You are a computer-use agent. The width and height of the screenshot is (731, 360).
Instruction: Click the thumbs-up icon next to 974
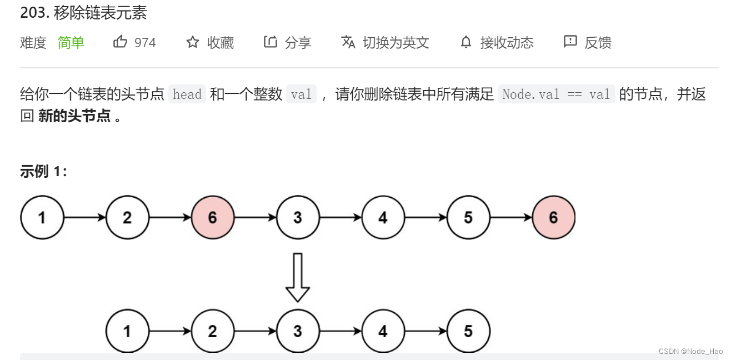point(120,42)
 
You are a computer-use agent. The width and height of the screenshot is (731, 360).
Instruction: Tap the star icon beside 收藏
point(193,42)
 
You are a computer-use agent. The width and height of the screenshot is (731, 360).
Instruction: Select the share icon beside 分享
point(271,42)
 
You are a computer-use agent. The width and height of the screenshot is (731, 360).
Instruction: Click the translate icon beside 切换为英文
point(348,42)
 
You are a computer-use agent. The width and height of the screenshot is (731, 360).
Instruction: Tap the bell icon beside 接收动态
point(466,42)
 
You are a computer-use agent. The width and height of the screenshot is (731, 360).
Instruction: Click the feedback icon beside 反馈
point(570,42)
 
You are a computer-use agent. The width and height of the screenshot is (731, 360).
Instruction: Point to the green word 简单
point(71,43)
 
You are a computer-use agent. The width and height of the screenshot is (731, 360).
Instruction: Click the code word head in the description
point(187,94)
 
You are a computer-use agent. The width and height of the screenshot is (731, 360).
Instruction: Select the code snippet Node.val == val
point(557,94)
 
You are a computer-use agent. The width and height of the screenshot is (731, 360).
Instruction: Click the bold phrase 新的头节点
point(74,117)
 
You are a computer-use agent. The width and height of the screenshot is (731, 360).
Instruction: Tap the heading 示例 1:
point(43,172)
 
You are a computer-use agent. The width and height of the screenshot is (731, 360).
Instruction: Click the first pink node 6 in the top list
point(213,217)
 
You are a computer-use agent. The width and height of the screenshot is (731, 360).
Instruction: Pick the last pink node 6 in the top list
point(553,217)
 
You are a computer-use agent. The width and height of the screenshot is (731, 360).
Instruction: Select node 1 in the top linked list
point(42,217)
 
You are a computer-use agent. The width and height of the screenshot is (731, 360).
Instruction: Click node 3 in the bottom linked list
point(298,332)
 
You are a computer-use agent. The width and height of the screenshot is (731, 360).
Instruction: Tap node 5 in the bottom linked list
point(468,332)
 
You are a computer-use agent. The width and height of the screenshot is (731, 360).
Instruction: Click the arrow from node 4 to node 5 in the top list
point(425,217)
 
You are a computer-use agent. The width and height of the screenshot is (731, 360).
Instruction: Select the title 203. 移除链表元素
point(83,13)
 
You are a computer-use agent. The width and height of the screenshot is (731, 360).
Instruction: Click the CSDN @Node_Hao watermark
point(690,351)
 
